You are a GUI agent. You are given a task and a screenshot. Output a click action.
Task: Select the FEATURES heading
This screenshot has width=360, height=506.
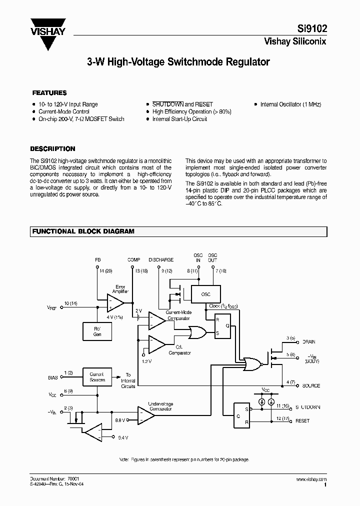(49, 93)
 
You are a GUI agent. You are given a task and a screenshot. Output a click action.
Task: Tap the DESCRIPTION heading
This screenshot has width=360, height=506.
(52, 149)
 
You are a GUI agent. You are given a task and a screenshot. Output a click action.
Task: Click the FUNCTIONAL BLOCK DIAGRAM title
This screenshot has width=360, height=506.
(83, 231)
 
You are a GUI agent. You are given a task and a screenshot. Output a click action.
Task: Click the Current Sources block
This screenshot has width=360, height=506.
(96, 377)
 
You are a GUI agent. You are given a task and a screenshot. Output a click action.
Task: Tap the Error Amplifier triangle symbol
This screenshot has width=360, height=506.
(116, 302)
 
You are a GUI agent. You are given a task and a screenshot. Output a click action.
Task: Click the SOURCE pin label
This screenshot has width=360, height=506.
(311, 386)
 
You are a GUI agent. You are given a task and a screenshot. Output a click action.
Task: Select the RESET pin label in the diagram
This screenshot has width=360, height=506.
(302, 420)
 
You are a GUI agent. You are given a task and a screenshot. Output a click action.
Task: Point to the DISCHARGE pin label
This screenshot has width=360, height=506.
(161, 260)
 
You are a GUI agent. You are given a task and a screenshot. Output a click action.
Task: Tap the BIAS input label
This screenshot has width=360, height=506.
(53, 377)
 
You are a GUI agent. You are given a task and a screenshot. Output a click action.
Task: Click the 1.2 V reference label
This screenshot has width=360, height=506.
(146, 361)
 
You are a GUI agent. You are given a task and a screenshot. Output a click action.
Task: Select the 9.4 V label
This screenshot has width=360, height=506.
(122, 437)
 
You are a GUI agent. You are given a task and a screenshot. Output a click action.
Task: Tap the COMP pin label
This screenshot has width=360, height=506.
(133, 260)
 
